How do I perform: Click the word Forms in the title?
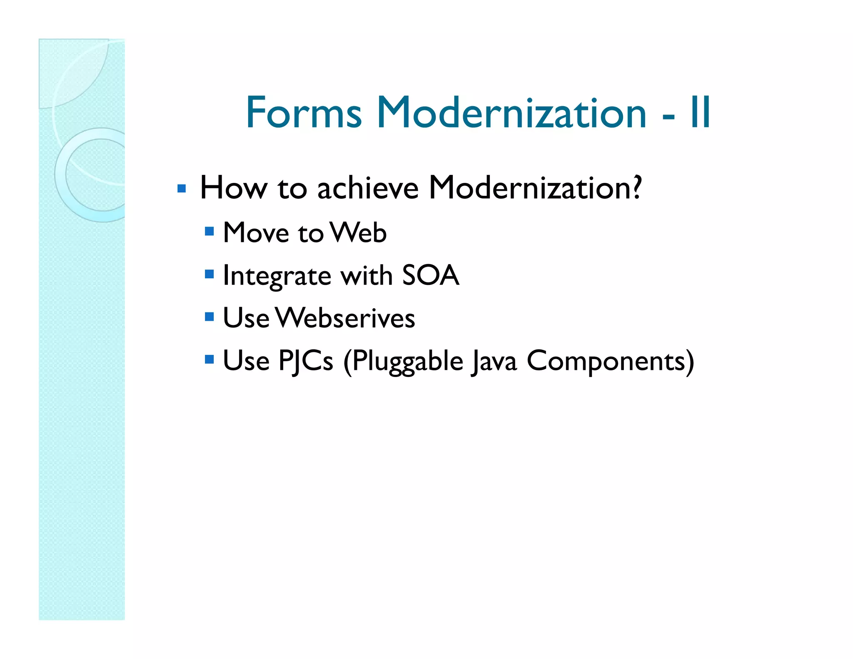[304, 112]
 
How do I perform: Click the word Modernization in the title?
[511, 112]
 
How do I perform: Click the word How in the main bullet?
[233, 188]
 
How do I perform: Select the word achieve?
[367, 188]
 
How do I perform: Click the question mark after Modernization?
[636, 187]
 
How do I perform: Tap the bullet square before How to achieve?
[181, 189]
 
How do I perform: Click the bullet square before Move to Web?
[209, 231]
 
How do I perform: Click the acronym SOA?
[430, 275]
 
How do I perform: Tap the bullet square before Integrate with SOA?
[209, 274]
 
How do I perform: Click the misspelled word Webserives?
[345, 318]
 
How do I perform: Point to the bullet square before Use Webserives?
[209, 317]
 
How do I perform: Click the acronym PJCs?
[305, 361]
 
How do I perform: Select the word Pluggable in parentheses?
[403, 362]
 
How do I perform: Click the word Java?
[494, 362]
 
